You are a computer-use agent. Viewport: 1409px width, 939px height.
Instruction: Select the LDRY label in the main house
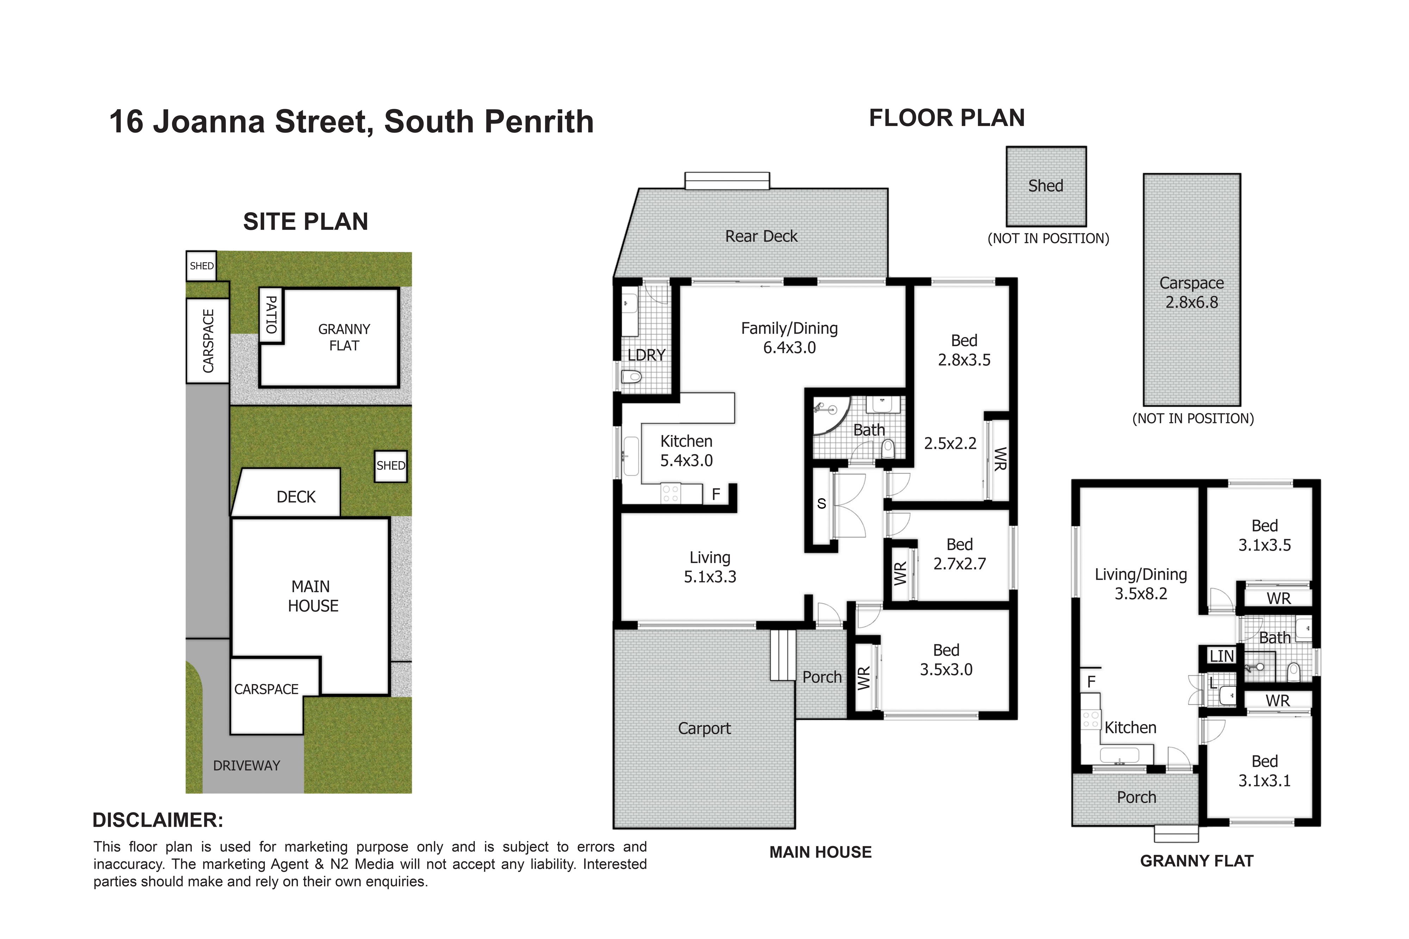(646, 355)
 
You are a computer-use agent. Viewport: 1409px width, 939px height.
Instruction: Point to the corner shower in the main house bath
(830, 415)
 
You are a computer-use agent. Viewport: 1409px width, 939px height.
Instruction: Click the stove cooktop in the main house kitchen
(670, 494)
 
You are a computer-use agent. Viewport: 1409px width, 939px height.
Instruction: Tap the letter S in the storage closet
(821, 503)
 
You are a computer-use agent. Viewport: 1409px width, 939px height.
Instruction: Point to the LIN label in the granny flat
(1222, 656)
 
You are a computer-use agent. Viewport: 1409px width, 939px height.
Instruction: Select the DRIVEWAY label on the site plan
(247, 765)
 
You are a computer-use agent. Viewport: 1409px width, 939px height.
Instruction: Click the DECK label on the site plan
(296, 497)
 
